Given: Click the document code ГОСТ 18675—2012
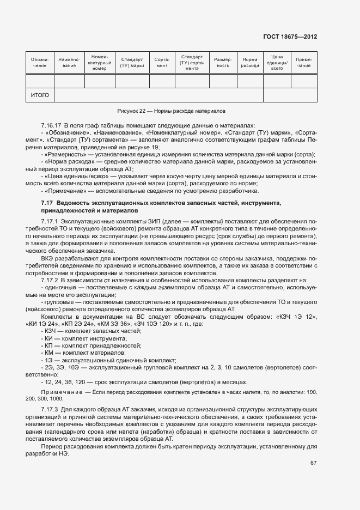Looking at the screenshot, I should pos(289,37).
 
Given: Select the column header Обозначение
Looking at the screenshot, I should pos(40,62).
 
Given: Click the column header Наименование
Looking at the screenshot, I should pos(69,62).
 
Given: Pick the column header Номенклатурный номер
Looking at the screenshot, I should pos(100,62).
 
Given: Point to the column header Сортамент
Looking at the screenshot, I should pos(162,62).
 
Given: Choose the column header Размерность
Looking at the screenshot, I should pos(223,62).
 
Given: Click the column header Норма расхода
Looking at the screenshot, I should pos(250,62).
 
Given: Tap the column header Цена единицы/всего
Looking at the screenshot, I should pos(277,62).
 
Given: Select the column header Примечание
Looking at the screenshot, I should pos(304,62).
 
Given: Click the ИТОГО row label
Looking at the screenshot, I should pos(40,95).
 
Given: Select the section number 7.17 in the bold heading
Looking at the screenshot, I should pos(46,203).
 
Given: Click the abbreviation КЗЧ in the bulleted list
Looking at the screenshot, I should pos(50,331).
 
